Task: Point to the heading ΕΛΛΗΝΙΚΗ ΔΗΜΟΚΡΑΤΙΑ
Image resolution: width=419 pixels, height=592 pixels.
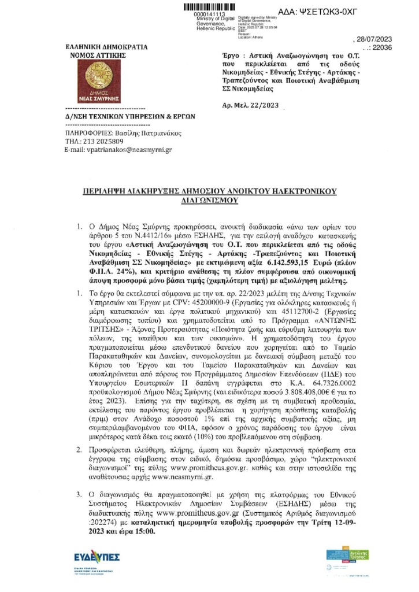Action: [x=106, y=47]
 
